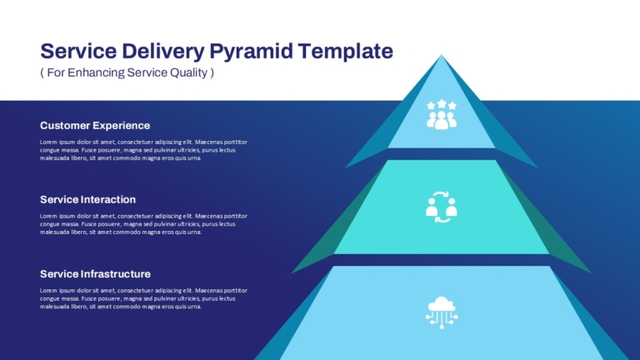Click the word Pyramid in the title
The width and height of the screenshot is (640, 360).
[252, 52]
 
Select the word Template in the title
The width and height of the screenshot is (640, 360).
[345, 51]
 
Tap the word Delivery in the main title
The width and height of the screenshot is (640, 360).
[162, 52]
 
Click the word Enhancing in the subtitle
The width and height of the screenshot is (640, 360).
[96, 72]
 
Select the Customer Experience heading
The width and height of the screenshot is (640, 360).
[95, 126]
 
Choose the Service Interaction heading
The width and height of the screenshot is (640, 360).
[87, 200]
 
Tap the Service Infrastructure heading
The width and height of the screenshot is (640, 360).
[95, 274]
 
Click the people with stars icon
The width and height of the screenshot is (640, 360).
[441, 115]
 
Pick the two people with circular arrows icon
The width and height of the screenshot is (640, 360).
[441, 207]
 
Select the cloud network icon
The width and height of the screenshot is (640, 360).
[441, 312]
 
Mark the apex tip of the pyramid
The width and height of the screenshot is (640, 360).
[441, 55]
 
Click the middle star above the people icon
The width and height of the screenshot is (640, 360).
[442, 103]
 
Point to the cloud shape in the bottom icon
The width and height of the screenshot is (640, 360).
[441, 304]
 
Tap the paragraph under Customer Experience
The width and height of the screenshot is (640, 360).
[143, 150]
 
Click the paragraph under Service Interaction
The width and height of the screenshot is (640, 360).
[143, 223]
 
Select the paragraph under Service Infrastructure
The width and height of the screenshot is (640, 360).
[143, 298]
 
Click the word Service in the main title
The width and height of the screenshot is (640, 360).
[78, 51]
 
